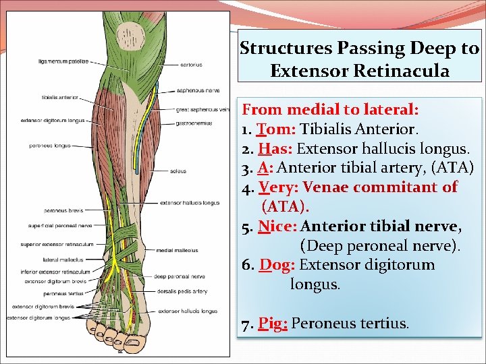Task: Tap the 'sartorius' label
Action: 191,65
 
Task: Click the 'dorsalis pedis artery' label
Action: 178,291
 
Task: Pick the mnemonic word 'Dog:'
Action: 275,265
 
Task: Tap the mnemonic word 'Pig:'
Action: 273,324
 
